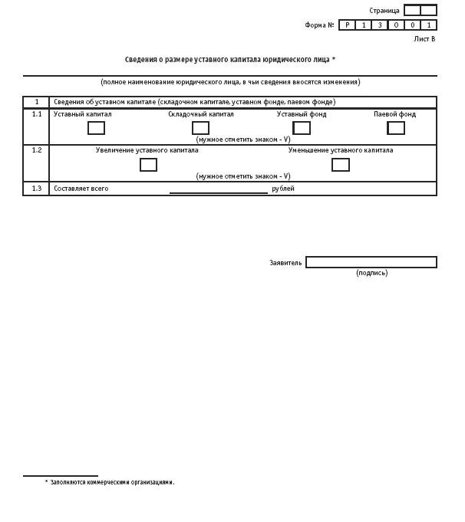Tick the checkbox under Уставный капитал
pyautogui.click(x=96, y=128)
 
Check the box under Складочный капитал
pyautogui.click(x=200, y=128)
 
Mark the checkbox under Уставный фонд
pyautogui.click(x=302, y=128)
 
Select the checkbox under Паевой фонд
pyautogui.click(x=396, y=128)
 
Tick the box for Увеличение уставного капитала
pyautogui.click(x=148, y=165)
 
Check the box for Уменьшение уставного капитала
pyautogui.click(x=341, y=165)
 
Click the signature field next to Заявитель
pyautogui.click(x=371, y=262)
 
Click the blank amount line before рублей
pyautogui.click(x=219, y=189)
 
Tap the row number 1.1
pyautogui.click(x=37, y=114)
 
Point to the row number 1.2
pyautogui.click(x=37, y=150)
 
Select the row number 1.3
pyautogui.click(x=37, y=189)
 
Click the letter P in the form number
pyautogui.click(x=347, y=25)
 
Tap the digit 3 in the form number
pyautogui.click(x=380, y=25)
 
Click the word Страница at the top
pyautogui.click(x=384, y=11)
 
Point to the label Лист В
pyautogui.click(x=424, y=38)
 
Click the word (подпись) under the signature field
pyautogui.click(x=372, y=273)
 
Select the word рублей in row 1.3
pyautogui.click(x=283, y=189)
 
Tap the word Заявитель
pyautogui.click(x=285, y=263)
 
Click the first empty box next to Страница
pyautogui.click(x=412, y=11)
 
